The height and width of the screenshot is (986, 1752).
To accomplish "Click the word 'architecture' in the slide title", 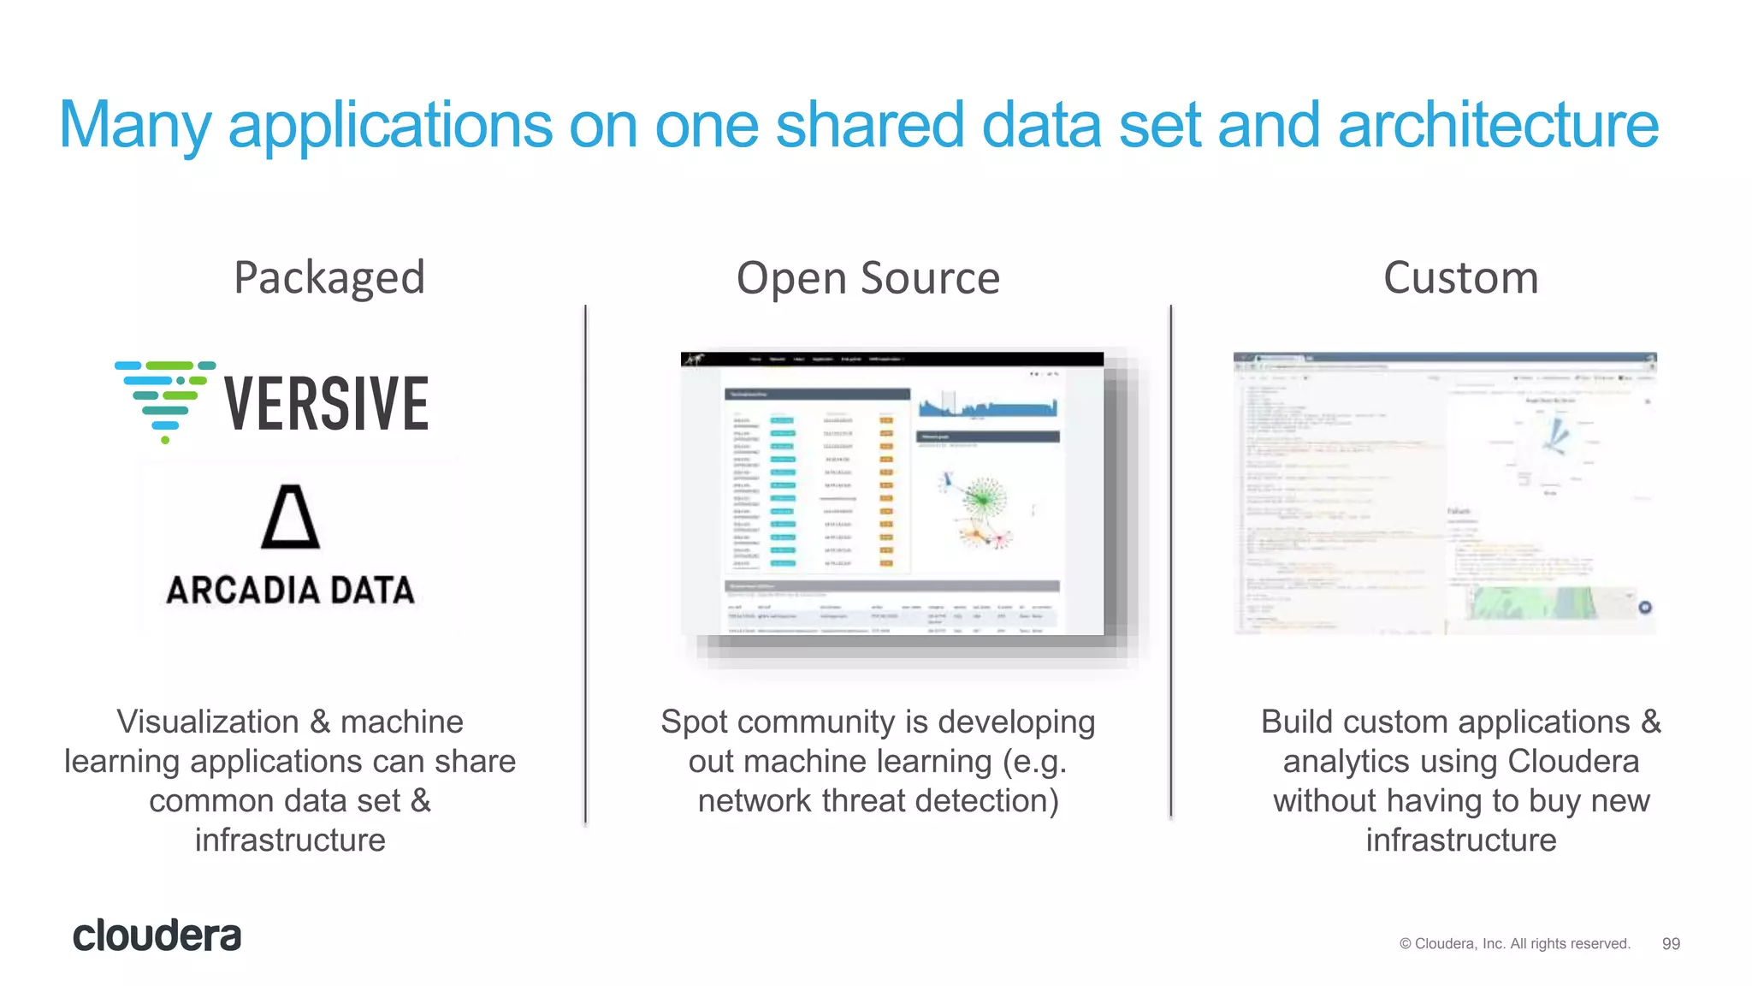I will (x=1497, y=125).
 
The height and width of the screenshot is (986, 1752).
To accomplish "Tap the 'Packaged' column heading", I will (x=329, y=278).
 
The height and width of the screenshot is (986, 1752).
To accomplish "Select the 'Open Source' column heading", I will (x=867, y=278).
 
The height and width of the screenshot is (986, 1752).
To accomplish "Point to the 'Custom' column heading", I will (x=1460, y=278).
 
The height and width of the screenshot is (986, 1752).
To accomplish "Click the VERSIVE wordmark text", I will (x=326, y=404).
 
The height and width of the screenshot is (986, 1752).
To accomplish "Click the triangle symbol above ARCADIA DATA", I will (x=290, y=517).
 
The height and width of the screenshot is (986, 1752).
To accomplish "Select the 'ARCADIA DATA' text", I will (x=290, y=591).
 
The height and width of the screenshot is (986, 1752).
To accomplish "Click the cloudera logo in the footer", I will (x=157, y=936).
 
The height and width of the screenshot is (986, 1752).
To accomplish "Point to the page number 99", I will (x=1671, y=943).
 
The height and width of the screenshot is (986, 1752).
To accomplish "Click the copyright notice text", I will (x=1514, y=943).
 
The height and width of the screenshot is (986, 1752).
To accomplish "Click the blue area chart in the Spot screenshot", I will (x=987, y=407).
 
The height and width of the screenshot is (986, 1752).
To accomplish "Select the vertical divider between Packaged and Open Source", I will (x=586, y=565).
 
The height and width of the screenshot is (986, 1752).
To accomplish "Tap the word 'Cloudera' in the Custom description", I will (x=1573, y=762).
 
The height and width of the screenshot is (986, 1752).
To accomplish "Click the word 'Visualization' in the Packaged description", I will (x=208, y=722).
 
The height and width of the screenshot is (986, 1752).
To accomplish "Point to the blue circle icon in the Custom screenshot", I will (x=1644, y=608).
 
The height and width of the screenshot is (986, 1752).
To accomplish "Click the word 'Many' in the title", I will (x=134, y=125).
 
